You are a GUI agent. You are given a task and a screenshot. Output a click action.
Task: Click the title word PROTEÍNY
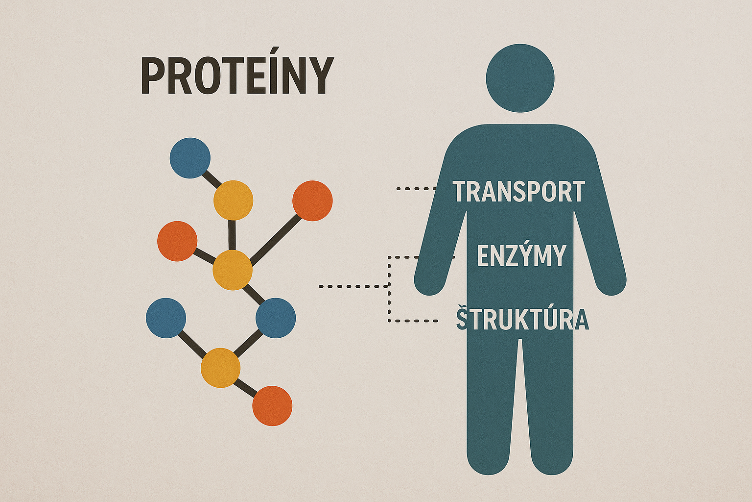point(237,76)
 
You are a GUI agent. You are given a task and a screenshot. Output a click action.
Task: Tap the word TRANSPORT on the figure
point(518,192)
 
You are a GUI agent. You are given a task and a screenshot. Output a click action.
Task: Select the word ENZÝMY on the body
point(521,255)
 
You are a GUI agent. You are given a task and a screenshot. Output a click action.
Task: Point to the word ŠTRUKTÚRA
point(522,319)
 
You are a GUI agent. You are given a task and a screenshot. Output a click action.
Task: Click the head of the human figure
point(520,78)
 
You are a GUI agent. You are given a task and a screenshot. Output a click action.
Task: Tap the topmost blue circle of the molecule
point(190,158)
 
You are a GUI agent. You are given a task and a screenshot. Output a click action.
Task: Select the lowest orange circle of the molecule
point(272,406)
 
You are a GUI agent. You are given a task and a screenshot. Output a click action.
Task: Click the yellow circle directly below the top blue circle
point(233,200)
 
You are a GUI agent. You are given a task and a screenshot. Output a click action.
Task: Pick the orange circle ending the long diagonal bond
point(312,201)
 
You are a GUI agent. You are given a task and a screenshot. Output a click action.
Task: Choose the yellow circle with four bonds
point(233,270)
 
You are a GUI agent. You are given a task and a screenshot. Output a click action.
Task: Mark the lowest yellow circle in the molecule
point(220,368)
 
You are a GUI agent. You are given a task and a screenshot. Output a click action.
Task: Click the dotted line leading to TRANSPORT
point(416,188)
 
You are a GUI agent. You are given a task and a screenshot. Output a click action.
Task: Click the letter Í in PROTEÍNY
point(272,75)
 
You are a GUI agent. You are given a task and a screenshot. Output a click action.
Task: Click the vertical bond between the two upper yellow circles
point(233,235)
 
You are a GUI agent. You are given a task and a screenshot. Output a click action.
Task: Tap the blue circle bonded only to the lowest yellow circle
point(166,318)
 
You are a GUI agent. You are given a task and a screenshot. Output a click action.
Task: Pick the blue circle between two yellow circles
point(276,318)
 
